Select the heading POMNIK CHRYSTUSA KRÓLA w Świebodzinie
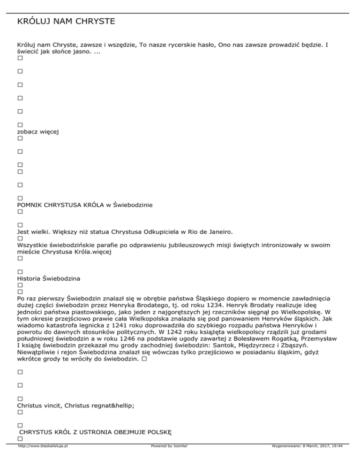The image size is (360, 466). (85, 205)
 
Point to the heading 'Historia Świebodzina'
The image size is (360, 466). (48, 278)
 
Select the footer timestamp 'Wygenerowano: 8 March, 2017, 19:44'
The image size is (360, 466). (307, 460)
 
